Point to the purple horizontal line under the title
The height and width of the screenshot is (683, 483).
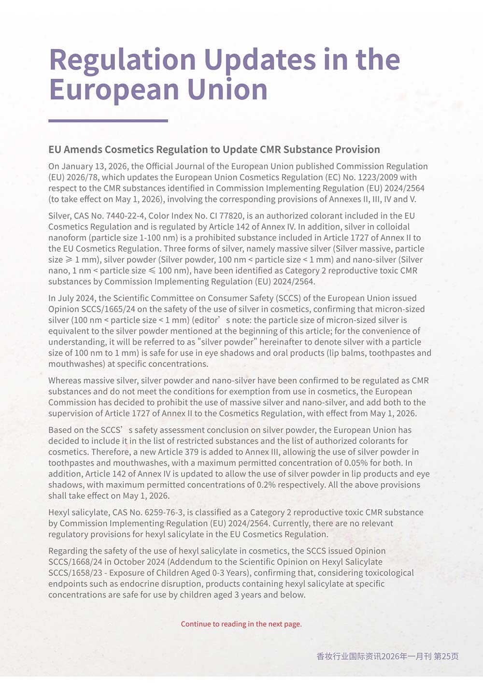108,121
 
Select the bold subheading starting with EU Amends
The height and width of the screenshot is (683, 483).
214,149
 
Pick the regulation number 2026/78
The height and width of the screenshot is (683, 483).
82,177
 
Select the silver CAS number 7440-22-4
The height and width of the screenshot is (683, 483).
125,216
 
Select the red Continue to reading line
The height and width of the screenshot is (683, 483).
241,624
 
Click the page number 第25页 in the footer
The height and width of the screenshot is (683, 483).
446,656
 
